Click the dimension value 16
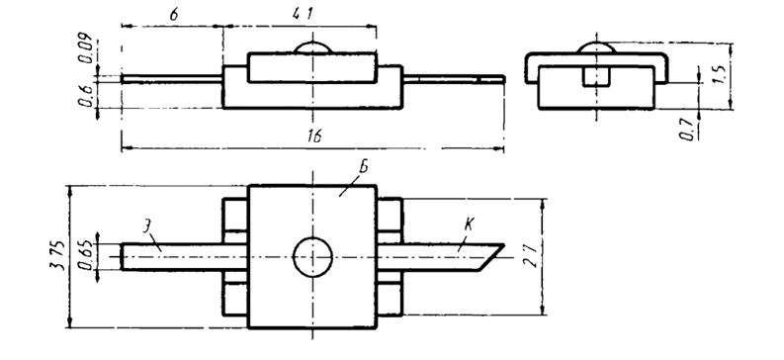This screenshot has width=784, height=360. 313,136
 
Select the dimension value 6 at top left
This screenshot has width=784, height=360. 173,14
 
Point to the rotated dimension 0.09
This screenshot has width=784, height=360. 84,47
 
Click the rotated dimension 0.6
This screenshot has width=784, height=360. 84,95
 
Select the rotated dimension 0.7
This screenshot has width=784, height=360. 690,129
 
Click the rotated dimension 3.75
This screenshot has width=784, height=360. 58,255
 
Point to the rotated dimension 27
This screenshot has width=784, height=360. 531,255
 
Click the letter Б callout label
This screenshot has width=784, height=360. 363,167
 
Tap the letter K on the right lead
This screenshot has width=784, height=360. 469,225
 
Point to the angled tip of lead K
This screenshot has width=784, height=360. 503,245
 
